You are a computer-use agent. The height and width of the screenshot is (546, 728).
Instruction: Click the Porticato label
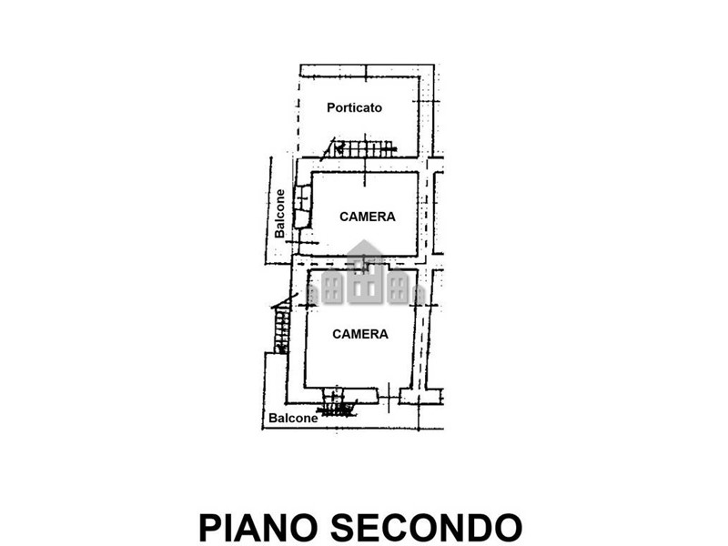(354, 107)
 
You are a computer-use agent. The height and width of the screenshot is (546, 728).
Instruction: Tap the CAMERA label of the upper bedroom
(368, 217)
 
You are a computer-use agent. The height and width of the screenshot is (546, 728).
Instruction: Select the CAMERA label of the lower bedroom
(360, 334)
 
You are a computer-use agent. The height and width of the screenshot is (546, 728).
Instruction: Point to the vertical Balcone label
(279, 214)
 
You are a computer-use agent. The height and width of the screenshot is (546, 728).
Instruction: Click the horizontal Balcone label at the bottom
(293, 419)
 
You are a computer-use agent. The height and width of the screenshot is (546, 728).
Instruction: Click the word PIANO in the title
(258, 528)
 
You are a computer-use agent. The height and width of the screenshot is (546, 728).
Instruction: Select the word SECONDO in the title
(426, 528)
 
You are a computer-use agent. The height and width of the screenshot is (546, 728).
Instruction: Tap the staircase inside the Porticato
(360, 148)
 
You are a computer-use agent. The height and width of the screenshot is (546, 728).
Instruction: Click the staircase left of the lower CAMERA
(281, 326)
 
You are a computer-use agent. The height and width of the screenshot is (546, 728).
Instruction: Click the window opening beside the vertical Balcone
(303, 207)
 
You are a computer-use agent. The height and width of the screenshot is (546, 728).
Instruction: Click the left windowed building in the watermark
(331, 288)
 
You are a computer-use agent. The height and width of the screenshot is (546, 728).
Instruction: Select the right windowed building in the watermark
(398, 288)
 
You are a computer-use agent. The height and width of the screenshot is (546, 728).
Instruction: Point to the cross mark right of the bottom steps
(389, 398)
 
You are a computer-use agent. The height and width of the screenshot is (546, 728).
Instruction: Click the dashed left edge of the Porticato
(298, 116)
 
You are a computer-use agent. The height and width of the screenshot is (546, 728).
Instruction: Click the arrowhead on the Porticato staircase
(339, 148)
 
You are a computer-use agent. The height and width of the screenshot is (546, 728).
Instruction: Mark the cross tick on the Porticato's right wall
(426, 101)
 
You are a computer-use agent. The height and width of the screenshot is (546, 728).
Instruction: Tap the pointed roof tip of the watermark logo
(365, 240)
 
